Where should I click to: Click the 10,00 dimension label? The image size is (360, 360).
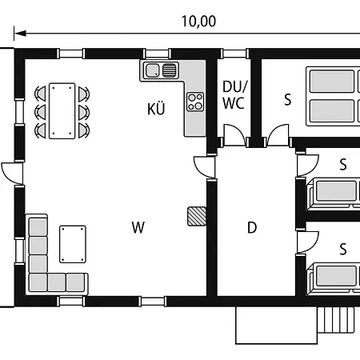tap(198, 22)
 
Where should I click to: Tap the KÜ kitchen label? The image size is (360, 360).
tap(156, 109)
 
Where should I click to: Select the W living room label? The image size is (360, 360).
tap(138, 227)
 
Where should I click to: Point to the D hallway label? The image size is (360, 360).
tap(252, 228)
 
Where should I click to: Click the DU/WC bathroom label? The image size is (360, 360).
tap(234, 94)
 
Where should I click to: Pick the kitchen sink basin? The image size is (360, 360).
tap(152, 70)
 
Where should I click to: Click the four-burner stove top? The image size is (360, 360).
tap(195, 102)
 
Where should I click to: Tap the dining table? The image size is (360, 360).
tap(62, 111)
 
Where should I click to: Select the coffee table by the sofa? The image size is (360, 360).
tap(73, 244)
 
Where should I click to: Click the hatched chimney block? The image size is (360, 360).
tap(197, 216)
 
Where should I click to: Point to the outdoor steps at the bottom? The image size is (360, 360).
tap(336, 320)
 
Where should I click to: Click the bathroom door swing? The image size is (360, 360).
tap(234, 135)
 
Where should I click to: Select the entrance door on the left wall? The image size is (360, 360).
tap(12, 174)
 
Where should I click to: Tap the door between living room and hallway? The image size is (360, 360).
tap(205, 167)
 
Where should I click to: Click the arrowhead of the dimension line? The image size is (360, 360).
tap(20, 34)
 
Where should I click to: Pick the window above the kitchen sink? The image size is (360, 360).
tap(157, 54)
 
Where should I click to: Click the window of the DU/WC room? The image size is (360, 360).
tap(234, 54)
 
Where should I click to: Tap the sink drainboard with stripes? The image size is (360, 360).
tap(170, 70)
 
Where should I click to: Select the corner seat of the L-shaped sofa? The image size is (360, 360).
tap(38, 282)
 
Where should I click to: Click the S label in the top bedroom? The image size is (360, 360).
tap(287, 100)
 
